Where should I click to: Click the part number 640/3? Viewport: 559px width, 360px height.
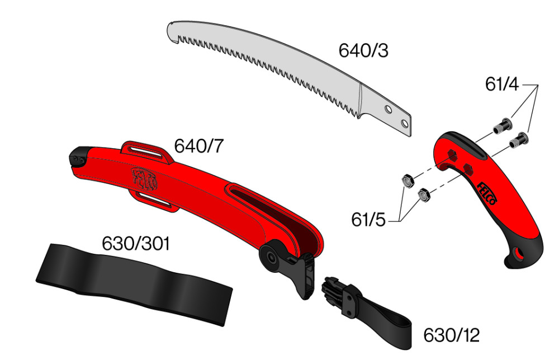363,51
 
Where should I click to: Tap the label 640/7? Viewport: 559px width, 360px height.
198,146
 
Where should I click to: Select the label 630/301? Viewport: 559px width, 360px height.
135,244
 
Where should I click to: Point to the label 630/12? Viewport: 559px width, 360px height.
451,335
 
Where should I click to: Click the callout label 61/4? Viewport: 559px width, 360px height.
501,84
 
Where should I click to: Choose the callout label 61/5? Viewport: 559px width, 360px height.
368,220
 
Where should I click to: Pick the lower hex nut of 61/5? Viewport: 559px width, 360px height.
423,195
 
